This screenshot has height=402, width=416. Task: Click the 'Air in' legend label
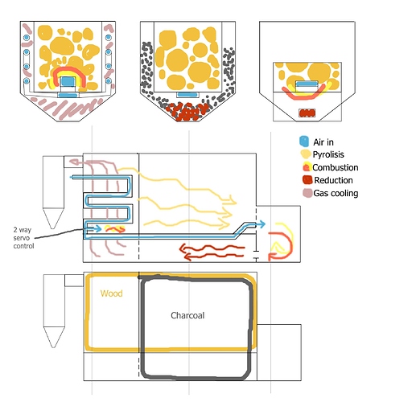pos(323,142)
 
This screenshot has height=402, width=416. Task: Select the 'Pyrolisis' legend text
pos(328,154)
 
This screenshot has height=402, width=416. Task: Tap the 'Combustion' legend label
pos(336,167)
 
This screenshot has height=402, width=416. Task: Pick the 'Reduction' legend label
pos(333,180)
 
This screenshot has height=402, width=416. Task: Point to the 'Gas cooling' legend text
pos(336,193)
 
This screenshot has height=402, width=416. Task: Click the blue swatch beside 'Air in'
pos(304,142)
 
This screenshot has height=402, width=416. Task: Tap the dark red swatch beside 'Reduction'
pos(307,180)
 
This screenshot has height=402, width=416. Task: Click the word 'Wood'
pos(112,293)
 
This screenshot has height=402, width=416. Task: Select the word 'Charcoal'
pos(187,315)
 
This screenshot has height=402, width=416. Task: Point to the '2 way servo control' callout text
pos(23,238)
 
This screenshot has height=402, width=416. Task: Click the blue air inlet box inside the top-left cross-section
pos(68,81)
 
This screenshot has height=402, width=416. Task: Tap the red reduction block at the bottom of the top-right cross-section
pos(307,113)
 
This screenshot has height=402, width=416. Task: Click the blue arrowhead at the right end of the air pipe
pos(262,224)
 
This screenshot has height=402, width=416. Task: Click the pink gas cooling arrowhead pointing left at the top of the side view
pos(74,162)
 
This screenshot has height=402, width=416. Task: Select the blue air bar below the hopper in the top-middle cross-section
pos(187,94)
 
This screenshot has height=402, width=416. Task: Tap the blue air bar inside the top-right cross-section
pos(307,84)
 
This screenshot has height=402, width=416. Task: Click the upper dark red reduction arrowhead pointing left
pos(184,248)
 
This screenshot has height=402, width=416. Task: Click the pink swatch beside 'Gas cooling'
pos(307,193)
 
